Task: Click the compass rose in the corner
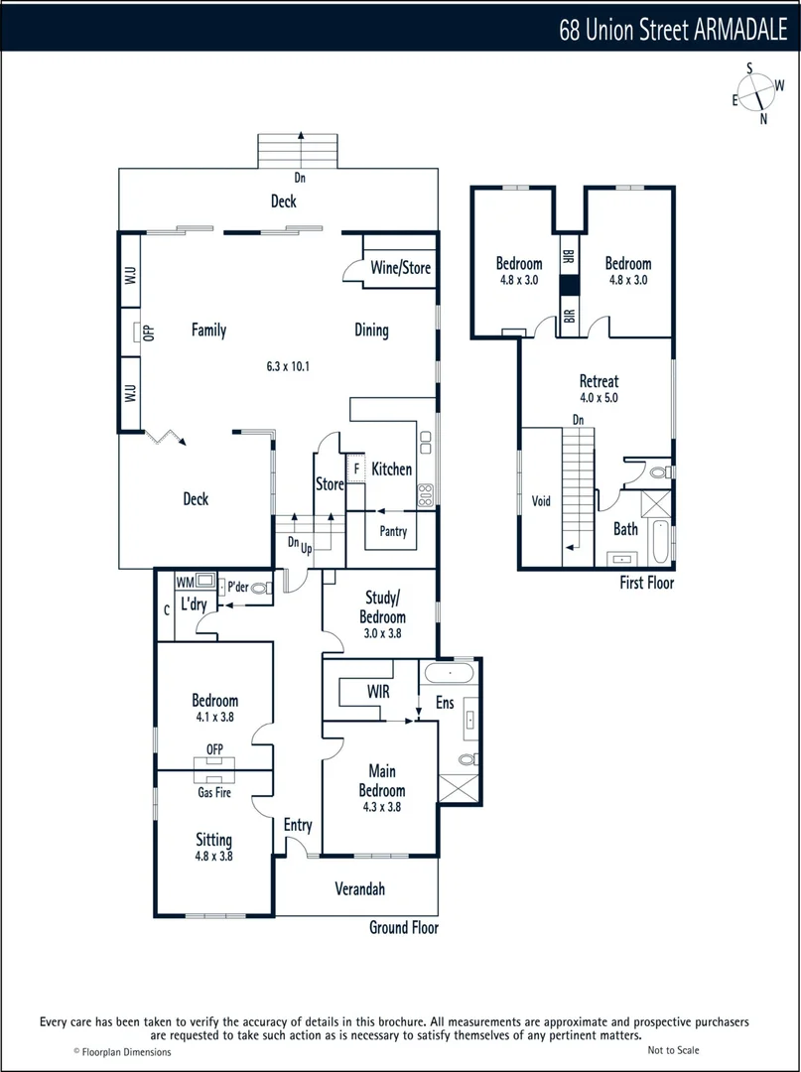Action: [x=757, y=92]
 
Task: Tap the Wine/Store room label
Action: [x=401, y=268]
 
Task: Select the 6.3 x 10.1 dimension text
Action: [x=288, y=366]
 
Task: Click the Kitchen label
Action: [x=392, y=469]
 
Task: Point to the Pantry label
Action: [x=393, y=532]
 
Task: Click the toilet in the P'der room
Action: [x=260, y=589]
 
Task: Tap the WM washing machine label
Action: [x=185, y=582]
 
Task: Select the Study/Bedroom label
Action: [x=382, y=605]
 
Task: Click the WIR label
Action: [x=378, y=689]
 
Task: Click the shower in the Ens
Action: [x=458, y=793]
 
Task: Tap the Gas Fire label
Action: [x=213, y=793]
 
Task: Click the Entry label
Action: [x=298, y=825]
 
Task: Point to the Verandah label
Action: [x=359, y=889]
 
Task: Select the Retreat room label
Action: [x=599, y=381]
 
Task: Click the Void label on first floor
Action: [x=541, y=501]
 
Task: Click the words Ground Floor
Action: [x=403, y=928]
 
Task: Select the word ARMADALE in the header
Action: [x=739, y=31]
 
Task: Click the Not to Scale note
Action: [x=674, y=1050]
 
